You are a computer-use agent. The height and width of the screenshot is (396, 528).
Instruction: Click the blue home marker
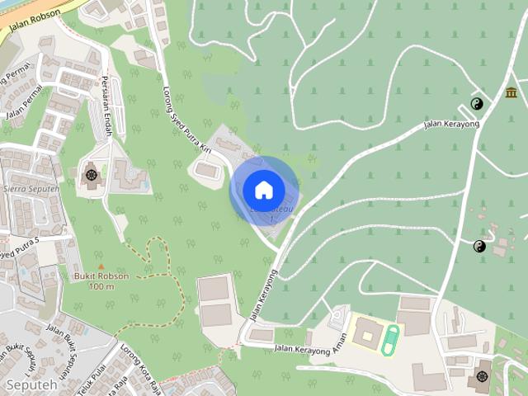[263, 191]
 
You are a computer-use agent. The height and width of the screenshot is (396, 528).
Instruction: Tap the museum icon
[511, 92]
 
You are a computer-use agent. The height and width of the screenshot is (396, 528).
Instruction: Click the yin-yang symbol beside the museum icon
[477, 103]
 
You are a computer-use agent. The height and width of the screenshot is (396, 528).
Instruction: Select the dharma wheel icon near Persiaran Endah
[91, 174]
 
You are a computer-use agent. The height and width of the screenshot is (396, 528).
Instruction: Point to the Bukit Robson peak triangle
[101, 266]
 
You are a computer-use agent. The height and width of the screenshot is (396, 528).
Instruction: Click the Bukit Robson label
[101, 276]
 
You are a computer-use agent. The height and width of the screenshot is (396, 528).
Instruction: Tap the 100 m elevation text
[101, 286]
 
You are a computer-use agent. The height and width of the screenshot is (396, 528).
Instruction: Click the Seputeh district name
[32, 385]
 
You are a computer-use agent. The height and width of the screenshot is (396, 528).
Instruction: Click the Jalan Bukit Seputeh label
[66, 347]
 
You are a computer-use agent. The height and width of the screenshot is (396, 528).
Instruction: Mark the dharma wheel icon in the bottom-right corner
[483, 376]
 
